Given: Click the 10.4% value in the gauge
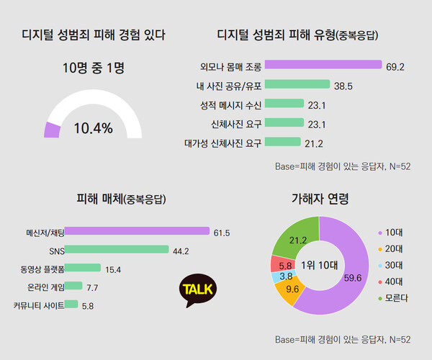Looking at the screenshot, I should click(94, 129).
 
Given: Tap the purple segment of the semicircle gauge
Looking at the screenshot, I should click(52, 130).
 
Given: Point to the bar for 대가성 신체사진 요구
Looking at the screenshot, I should click(282, 142).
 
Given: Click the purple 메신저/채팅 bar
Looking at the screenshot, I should click(137, 232).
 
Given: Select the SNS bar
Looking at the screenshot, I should click(116, 251).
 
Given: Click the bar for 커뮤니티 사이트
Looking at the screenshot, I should click(71, 305).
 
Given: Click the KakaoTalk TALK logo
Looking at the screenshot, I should click(197, 289).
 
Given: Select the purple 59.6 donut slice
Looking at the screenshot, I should click(346, 277).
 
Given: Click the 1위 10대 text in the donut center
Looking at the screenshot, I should click(318, 264).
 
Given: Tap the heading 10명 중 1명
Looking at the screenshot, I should click(94, 69).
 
